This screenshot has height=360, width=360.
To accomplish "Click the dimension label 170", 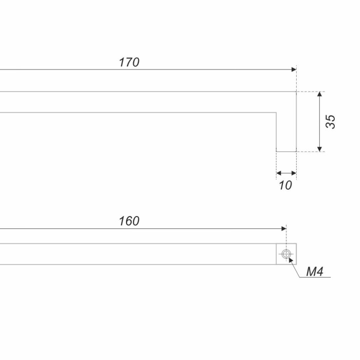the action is [129, 62].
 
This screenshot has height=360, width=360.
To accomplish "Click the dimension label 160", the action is [129, 221].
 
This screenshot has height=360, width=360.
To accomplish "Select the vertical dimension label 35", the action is [330, 121].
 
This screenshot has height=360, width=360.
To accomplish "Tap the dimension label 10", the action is [285, 185].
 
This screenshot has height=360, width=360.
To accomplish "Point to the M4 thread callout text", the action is [315, 272].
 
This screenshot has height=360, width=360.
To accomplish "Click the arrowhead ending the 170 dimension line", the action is [294, 69].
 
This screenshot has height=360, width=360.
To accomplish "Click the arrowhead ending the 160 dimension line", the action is [284, 228].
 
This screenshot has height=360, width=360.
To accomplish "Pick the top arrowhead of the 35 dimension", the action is [319, 94].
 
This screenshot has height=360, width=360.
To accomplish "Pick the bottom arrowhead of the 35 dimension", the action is [319, 149].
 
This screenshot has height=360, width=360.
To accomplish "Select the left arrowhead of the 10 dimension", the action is [279, 173].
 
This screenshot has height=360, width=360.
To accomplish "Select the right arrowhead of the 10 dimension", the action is [294, 173].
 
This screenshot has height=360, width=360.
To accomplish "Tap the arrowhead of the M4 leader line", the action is [291, 260].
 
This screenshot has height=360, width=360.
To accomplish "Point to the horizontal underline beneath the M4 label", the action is [315, 277].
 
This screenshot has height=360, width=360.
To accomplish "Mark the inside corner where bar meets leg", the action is [276, 113].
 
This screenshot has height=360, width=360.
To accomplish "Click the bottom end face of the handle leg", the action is [286, 152].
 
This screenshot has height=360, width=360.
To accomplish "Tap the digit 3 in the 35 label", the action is [330, 125].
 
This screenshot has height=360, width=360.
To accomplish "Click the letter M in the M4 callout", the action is [311, 272].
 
